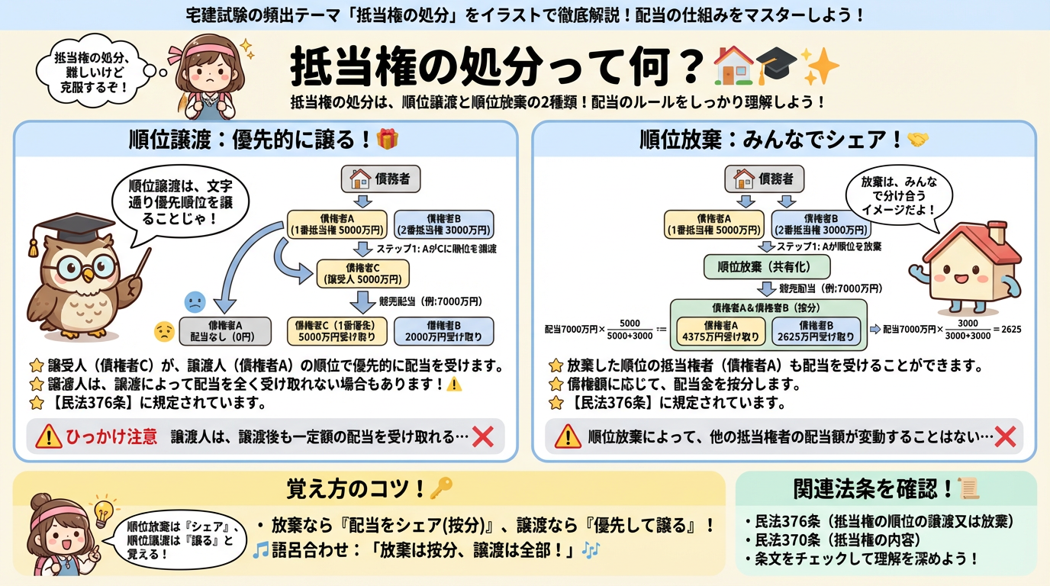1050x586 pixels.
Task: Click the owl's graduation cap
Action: [x=70, y=226]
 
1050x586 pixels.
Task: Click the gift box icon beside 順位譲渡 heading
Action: [x=388, y=139]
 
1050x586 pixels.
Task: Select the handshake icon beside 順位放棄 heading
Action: [x=916, y=140]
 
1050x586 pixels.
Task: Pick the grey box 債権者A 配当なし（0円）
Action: [x=224, y=330]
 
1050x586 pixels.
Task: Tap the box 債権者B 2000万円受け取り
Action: [x=443, y=330]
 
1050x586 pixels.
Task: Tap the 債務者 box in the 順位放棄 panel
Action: [x=763, y=179]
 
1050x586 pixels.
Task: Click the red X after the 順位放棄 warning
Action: [x=1005, y=436]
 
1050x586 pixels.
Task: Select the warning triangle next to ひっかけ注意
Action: [x=49, y=436]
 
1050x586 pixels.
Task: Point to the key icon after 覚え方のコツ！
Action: [x=442, y=488]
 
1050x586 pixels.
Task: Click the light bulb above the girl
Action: [x=103, y=510]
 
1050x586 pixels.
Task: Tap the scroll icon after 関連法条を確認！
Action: [x=968, y=488]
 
